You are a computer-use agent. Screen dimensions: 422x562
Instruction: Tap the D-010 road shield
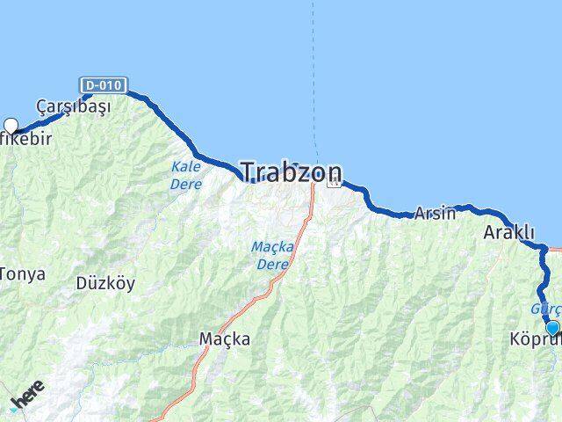coord(103,85)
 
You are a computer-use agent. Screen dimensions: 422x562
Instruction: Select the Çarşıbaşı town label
coord(73,107)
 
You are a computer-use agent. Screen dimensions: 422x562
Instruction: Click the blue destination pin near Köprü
coord(552,329)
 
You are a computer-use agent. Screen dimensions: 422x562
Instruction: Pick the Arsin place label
coord(435,213)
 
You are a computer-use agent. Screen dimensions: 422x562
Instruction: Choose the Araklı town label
coord(508,233)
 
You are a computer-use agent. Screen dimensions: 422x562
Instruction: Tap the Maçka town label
coord(224,338)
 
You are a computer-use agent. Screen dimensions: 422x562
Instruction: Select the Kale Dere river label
coord(186,175)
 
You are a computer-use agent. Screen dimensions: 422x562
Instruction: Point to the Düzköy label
coord(104,284)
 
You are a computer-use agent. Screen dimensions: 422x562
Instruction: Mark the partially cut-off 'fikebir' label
coord(25,139)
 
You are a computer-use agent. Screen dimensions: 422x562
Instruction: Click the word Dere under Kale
coord(186,185)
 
